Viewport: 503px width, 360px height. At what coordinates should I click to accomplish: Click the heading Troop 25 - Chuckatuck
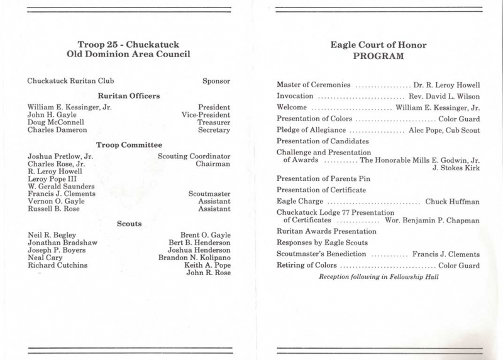128,45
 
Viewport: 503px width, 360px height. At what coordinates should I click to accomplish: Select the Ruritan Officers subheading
128,95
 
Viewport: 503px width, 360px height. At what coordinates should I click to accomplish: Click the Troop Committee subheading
128,145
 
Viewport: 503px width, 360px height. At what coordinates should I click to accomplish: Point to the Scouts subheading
128,223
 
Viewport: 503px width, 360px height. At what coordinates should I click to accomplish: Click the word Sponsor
216,80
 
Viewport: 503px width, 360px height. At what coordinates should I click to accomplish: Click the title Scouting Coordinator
194,155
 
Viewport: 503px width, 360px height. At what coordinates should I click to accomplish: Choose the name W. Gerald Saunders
62,186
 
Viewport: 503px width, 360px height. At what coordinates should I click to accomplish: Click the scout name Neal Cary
45,257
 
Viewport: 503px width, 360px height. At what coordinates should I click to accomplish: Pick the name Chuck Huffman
453,201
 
